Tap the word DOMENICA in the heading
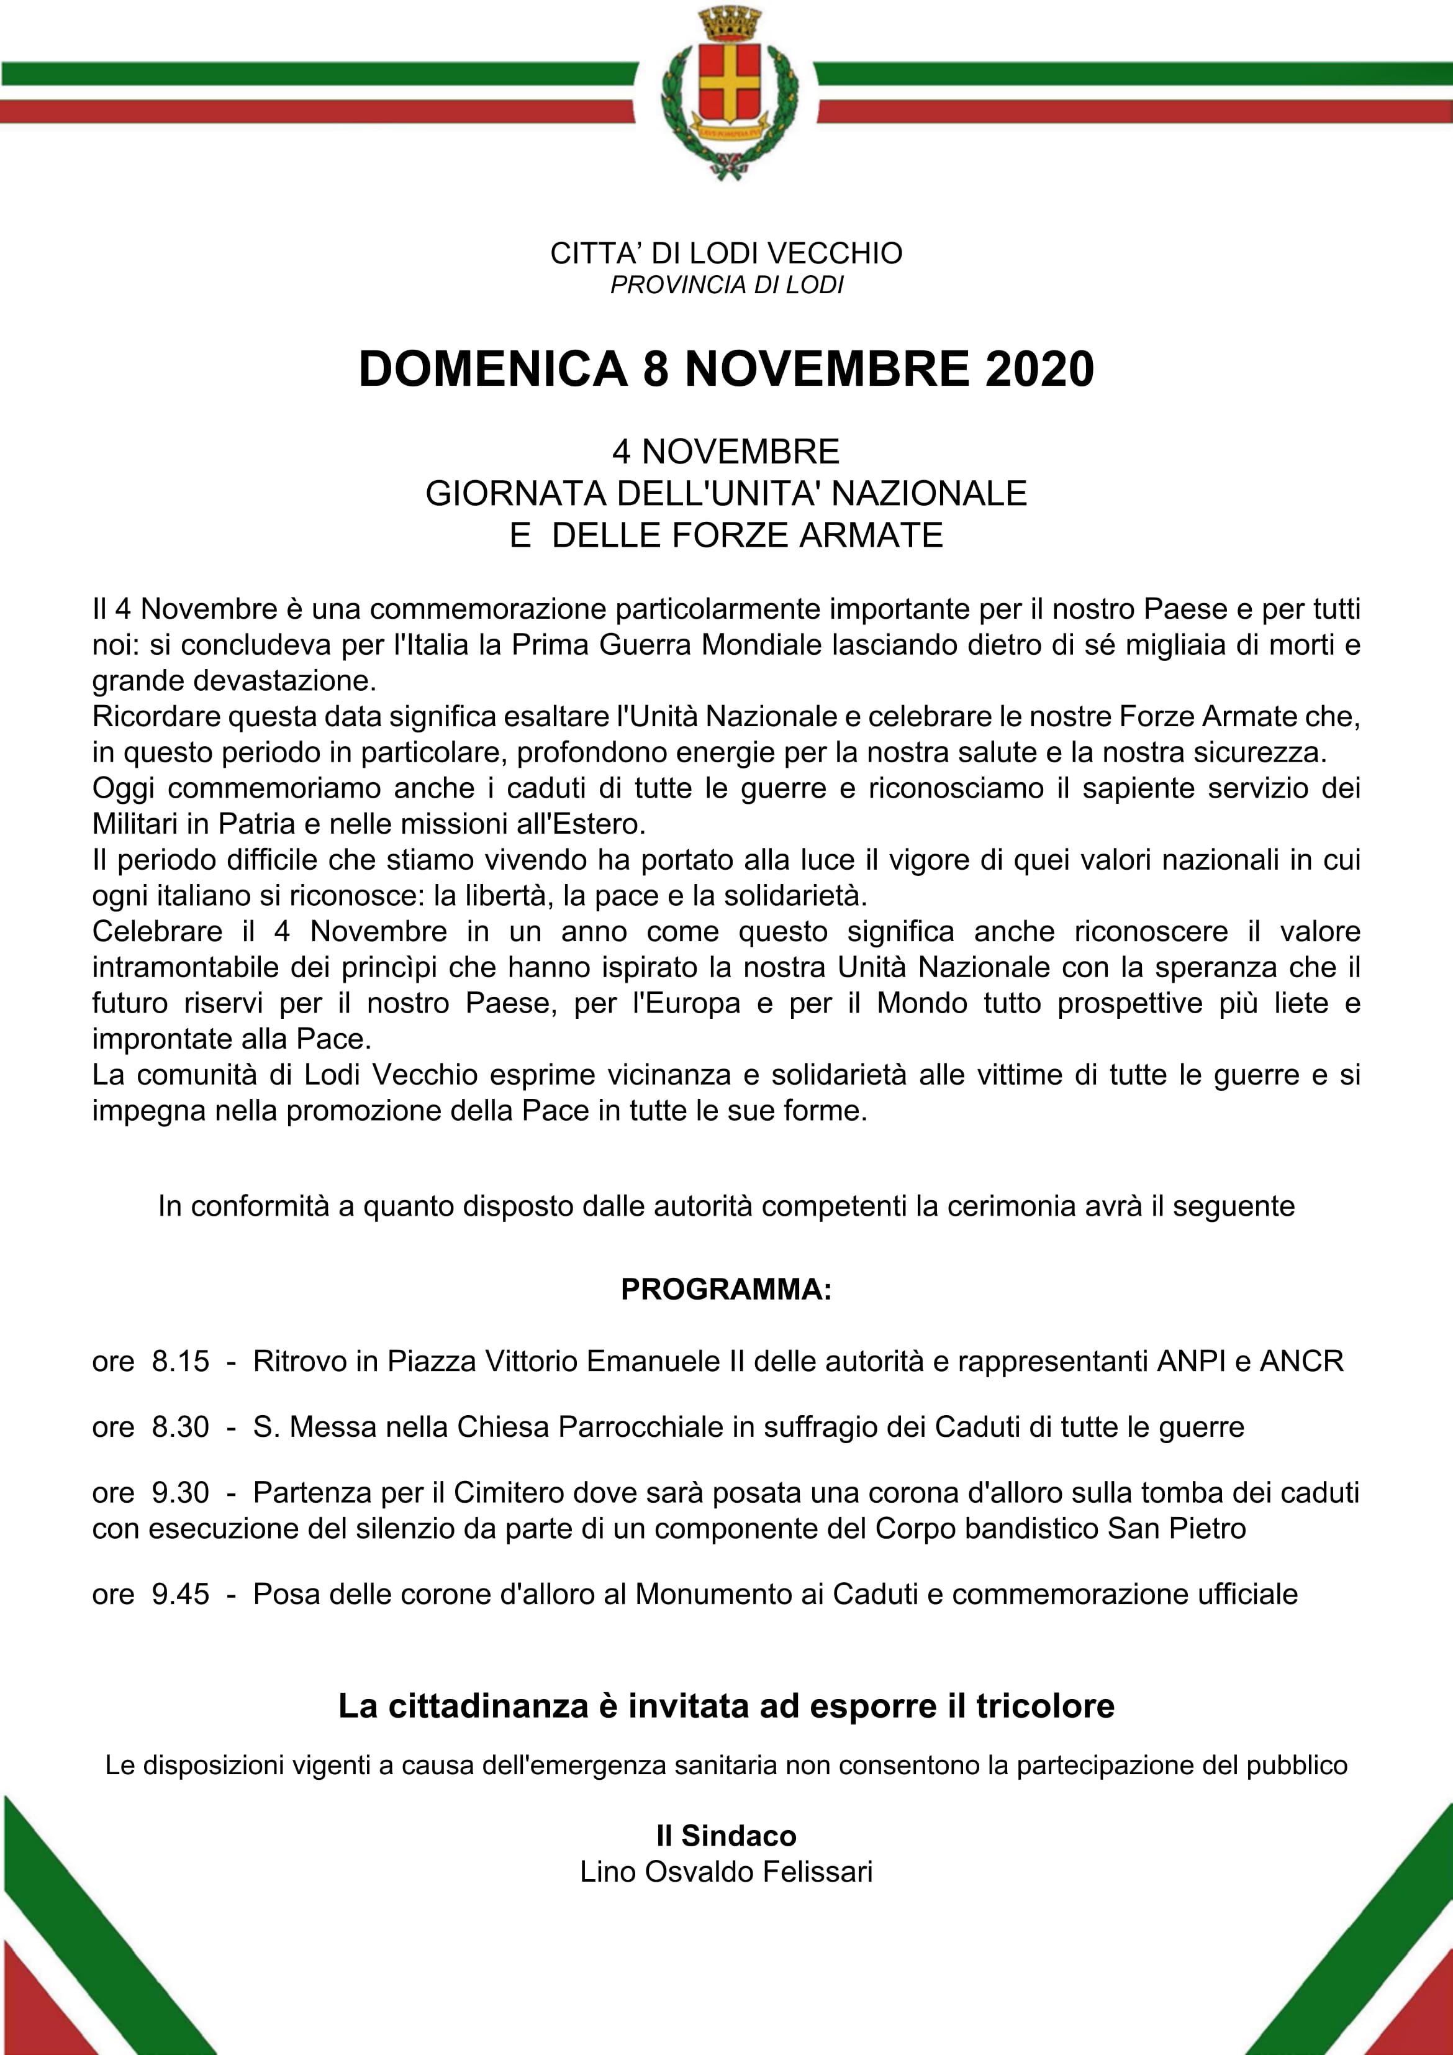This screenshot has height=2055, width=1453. (493, 369)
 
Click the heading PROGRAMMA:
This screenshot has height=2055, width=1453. (726, 1290)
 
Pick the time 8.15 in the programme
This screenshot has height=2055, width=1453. (181, 1361)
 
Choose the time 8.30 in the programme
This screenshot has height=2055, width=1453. (181, 1427)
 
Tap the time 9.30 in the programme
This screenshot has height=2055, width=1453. (181, 1493)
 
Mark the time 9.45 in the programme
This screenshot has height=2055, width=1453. (181, 1594)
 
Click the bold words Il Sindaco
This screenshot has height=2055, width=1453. (726, 1836)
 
